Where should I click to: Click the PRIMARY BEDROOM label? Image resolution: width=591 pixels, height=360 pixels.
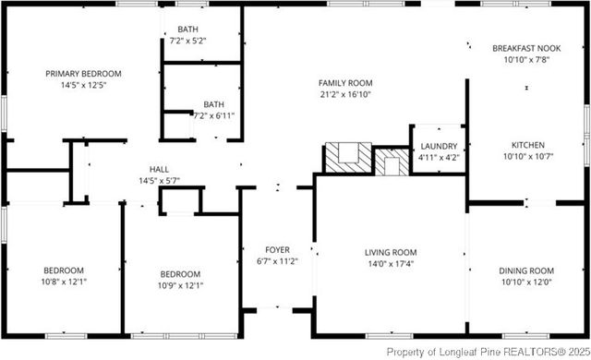coord(84,73)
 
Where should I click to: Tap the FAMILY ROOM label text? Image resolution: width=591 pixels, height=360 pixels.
coord(345,82)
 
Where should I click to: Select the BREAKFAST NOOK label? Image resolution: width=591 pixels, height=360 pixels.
coord(527,47)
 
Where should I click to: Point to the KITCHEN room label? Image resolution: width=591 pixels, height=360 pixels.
coord(527,145)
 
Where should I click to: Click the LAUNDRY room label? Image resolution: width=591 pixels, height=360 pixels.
coord(439,147)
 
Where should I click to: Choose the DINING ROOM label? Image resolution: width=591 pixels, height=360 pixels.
coord(525,270)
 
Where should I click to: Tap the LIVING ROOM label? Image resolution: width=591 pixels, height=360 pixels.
coord(392,252)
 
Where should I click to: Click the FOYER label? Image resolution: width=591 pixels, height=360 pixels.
coord(277,249)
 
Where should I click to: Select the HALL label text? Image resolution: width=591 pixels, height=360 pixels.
coord(159,170)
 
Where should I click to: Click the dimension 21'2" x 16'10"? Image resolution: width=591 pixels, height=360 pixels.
coord(345,93)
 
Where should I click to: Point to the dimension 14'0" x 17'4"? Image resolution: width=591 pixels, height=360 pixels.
coord(392,263)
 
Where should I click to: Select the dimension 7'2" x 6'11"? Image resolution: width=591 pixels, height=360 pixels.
coord(214,115)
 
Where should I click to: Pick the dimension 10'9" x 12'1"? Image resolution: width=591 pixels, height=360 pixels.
coord(179,285)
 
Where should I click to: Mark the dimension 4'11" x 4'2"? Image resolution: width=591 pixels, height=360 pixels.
coord(439,158)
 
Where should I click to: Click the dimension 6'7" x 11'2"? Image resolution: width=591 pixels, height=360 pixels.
coord(277,260)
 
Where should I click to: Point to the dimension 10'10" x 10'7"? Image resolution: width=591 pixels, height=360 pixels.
coord(527,156)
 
